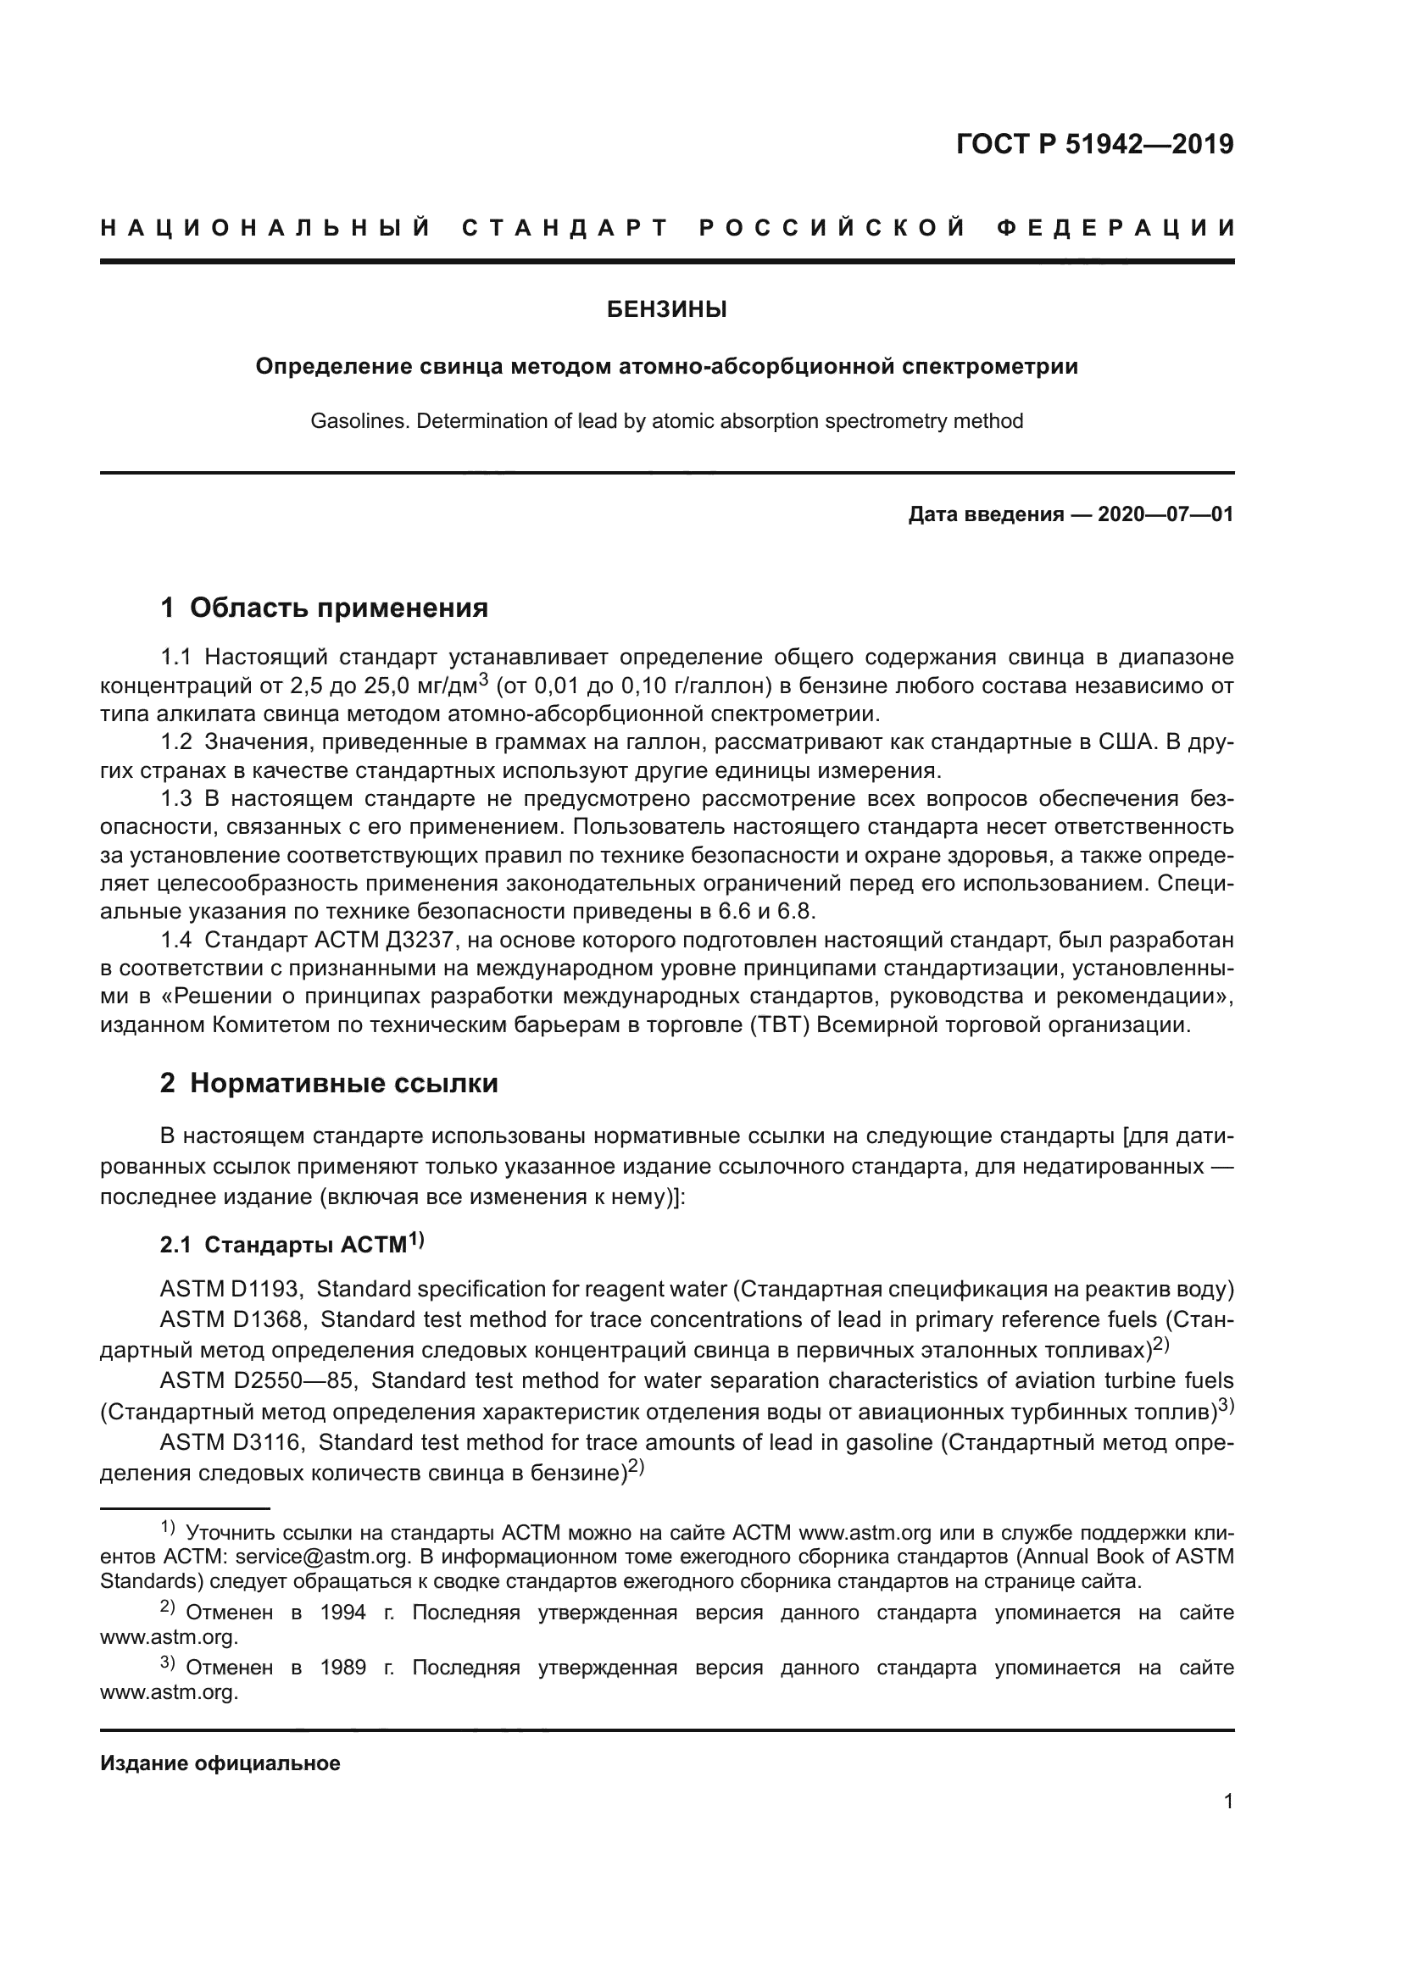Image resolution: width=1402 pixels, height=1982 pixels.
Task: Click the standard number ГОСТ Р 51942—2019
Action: [x=1094, y=144]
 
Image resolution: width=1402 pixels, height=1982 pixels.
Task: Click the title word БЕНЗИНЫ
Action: [x=666, y=310]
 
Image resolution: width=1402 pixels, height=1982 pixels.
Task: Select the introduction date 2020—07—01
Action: [x=1165, y=515]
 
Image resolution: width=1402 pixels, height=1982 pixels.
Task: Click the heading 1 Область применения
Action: [x=324, y=608]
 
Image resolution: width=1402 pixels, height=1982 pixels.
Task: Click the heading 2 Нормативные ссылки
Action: [x=329, y=1082]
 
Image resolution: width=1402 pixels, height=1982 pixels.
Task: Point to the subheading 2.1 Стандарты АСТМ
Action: [x=292, y=1244]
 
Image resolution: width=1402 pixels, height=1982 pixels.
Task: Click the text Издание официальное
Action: [x=220, y=1763]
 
